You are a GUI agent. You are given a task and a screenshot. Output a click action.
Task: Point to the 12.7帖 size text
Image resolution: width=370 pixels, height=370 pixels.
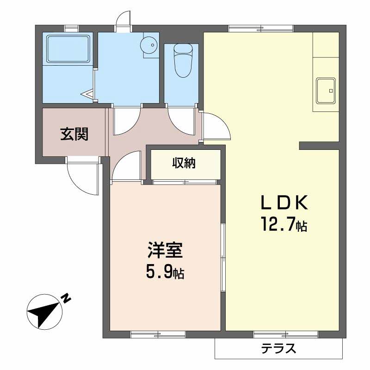283,225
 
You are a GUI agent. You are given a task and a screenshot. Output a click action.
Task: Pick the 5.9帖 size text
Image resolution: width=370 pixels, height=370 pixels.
166,273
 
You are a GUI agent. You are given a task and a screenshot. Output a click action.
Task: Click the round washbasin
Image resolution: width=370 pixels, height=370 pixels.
150,45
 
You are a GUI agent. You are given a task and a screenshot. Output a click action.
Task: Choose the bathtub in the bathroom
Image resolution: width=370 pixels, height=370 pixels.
68,48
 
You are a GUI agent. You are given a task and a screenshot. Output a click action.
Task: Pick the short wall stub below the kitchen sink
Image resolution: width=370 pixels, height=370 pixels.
319,146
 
